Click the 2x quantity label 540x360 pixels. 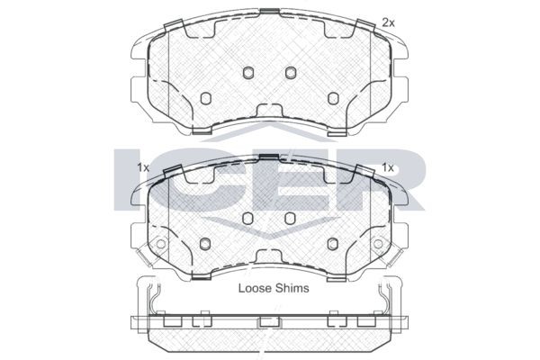[388, 23]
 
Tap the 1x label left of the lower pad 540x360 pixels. [143, 167]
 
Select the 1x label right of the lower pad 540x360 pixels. [388, 167]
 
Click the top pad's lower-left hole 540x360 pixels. [205, 98]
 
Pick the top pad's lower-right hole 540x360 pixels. [333, 98]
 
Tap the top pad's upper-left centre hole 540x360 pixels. [248, 72]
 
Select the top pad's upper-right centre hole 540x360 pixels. [291, 72]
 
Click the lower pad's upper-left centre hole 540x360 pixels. [248, 218]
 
